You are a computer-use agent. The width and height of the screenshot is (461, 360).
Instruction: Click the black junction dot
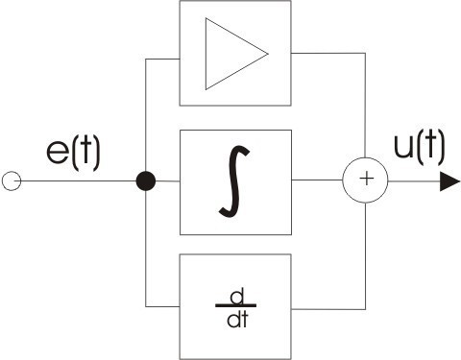146,180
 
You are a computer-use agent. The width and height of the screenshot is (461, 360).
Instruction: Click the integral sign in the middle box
235,181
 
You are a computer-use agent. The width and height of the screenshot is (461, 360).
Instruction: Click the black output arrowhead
449,180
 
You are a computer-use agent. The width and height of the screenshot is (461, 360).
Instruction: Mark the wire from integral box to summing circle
317,180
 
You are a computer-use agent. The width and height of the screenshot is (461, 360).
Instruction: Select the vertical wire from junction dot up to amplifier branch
146,115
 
